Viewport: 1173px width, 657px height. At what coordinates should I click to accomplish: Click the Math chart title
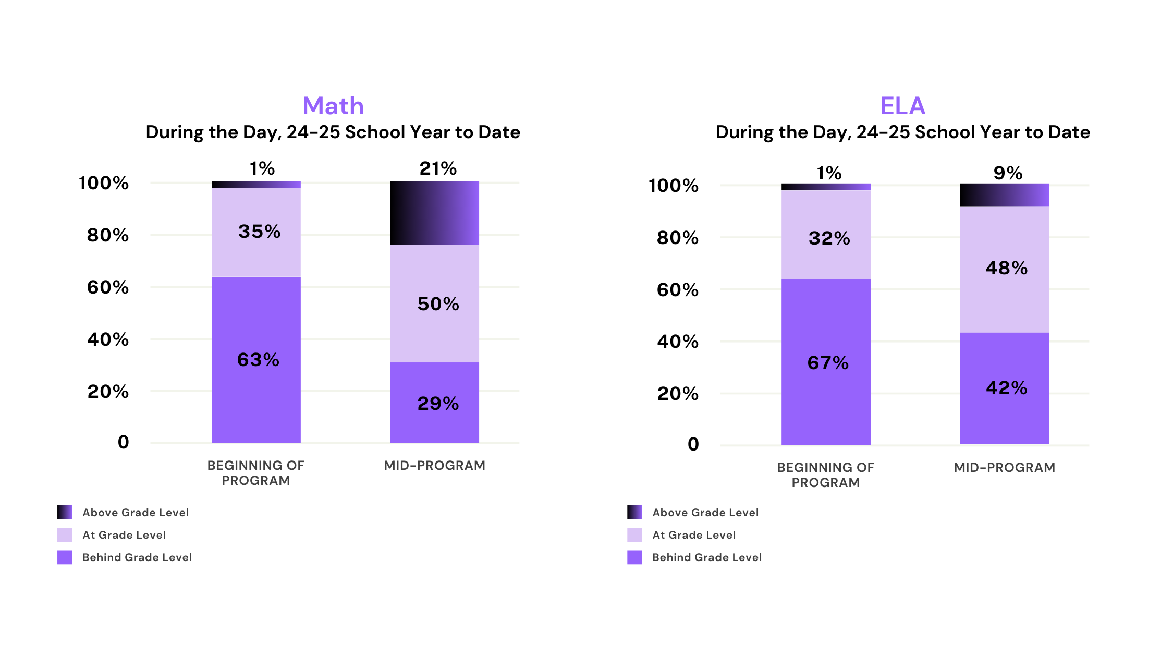(x=333, y=106)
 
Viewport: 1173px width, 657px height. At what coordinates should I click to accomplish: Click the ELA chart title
(x=902, y=106)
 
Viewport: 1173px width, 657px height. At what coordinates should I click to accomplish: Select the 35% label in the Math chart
(x=259, y=232)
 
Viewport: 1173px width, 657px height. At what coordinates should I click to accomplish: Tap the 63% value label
(x=258, y=360)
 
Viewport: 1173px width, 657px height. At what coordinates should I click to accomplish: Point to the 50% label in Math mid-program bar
(x=438, y=304)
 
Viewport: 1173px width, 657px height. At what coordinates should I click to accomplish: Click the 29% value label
(x=438, y=404)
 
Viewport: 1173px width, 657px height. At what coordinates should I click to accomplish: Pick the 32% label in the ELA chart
(x=829, y=238)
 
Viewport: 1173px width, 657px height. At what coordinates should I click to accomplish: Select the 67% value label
(x=828, y=363)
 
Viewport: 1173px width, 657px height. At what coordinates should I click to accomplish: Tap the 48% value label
(x=1006, y=268)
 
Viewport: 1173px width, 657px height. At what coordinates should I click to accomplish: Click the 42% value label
(x=1006, y=388)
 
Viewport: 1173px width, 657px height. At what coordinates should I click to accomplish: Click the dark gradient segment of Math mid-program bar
(x=435, y=213)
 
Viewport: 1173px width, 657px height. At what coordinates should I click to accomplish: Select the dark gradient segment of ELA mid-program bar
(x=1005, y=195)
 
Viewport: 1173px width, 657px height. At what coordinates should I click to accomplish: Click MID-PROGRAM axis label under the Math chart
(x=435, y=465)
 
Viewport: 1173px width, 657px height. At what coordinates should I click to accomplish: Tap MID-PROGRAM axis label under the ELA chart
(x=1005, y=467)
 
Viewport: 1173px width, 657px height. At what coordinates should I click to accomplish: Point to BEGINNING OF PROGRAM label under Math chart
(x=255, y=473)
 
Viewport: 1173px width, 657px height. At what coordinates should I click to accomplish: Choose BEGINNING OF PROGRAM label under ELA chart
(x=826, y=475)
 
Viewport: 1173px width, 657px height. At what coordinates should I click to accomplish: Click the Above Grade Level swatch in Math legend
(x=65, y=512)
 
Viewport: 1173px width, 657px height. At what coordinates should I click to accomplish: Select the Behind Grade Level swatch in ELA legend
(x=634, y=557)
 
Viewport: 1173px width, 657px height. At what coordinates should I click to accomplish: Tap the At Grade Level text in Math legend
(x=124, y=535)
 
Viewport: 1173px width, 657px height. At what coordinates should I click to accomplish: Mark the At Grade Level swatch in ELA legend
(x=634, y=535)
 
